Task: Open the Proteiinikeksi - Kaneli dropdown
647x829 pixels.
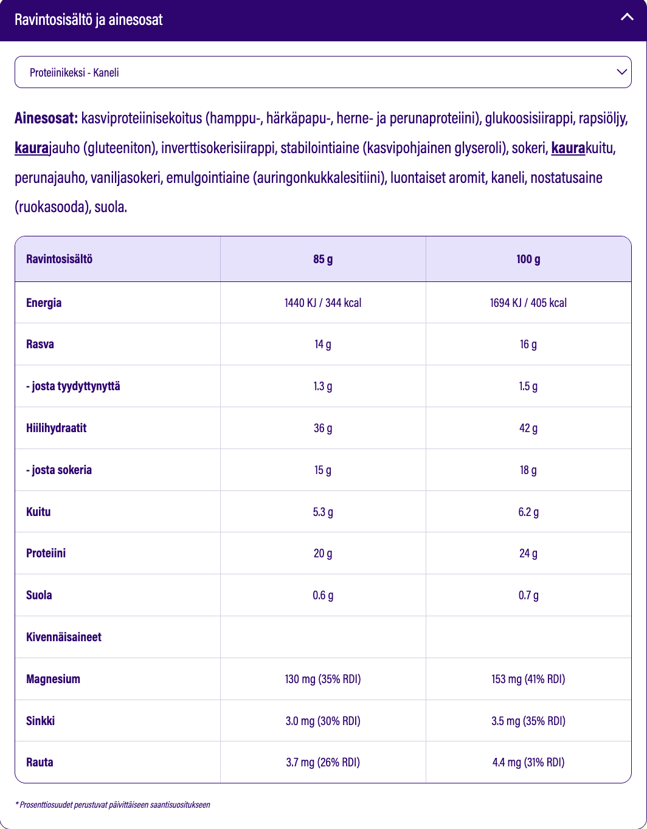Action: pyautogui.click(x=323, y=72)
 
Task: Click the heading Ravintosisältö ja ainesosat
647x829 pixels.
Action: pyautogui.click(x=89, y=19)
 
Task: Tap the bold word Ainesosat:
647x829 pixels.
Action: pyautogui.click(x=46, y=118)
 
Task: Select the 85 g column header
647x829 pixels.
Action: pyautogui.click(x=323, y=259)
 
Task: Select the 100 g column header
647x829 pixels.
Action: pyautogui.click(x=528, y=259)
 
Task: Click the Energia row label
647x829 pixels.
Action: pyautogui.click(x=44, y=303)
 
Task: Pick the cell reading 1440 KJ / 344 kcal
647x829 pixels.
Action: pyautogui.click(x=323, y=303)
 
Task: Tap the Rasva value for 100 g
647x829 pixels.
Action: pyautogui.click(x=528, y=345)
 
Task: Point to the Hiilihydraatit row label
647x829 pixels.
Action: pyautogui.click(x=57, y=428)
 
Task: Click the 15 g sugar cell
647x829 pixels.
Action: pyautogui.click(x=323, y=470)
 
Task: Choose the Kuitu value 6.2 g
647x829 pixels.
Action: pyautogui.click(x=528, y=512)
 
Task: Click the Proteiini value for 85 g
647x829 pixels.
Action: pyautogui.click(x=323, y=553)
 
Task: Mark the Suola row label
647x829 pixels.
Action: pyautogui.click(x=39, y=595)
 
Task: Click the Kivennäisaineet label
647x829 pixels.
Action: pyautogui.click(x=64, y=637)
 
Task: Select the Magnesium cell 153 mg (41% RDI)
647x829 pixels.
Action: pyautogui.click(x=528, y=679)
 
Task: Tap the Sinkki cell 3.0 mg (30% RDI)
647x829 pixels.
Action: pyautogui.click(x=323, y=721)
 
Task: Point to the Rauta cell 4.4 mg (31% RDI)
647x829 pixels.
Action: pyautogui.click(x=528, y=762)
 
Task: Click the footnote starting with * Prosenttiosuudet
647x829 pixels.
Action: pyautogui.click(x=112, y=805)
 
